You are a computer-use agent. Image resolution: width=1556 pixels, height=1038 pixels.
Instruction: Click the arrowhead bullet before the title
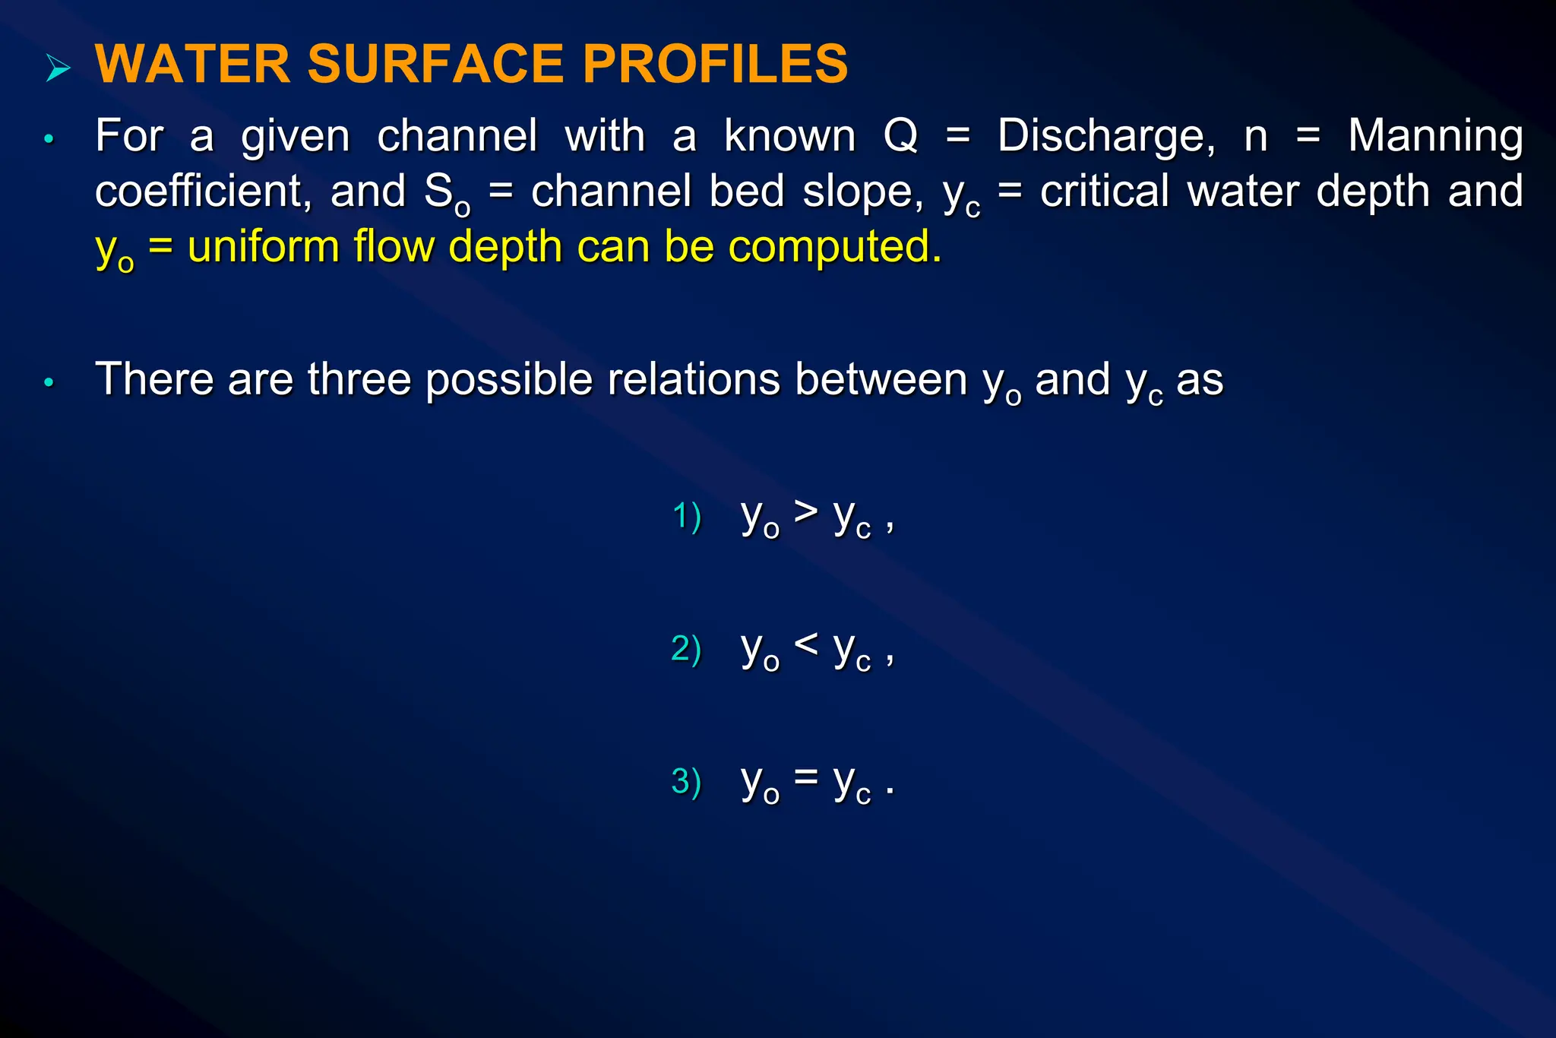click(x=58, y=68)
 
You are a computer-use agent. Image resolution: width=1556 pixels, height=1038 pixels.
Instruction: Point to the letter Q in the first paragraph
click(x=901, y=137)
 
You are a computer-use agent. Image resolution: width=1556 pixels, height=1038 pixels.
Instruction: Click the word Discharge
click(x=1106, y=137)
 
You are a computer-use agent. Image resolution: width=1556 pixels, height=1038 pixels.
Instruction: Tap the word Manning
click(x=1435, y=137)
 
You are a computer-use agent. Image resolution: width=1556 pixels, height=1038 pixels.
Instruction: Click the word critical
click(x=1105, y=191)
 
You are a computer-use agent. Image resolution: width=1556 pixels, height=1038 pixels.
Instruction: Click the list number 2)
click(x=686, y=649)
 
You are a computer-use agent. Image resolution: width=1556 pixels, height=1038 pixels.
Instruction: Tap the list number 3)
click(x=686, y=782)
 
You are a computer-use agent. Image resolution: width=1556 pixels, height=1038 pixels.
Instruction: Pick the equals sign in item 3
click(x=806, y=777)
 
